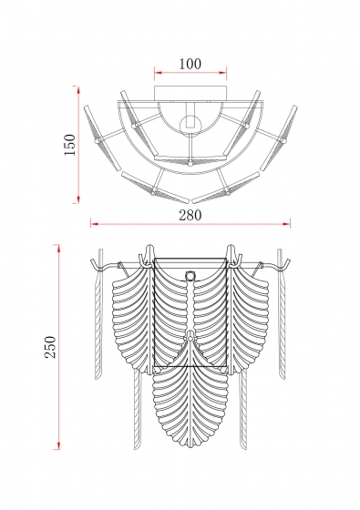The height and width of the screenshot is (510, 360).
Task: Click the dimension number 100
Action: (190, 64)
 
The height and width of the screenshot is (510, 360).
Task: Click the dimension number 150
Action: (69, 145)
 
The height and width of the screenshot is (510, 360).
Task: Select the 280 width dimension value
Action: (190, 215)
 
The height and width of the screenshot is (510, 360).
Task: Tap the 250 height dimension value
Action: (50, 347)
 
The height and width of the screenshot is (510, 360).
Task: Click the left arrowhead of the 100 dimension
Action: (158, 73)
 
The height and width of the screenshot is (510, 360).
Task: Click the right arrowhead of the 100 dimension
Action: (223, 73)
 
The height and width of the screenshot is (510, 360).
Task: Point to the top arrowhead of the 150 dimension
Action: (78, 90)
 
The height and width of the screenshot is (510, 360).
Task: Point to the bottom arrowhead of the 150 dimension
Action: (78, 199)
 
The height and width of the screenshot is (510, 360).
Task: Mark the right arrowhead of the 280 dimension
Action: (286, 223)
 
